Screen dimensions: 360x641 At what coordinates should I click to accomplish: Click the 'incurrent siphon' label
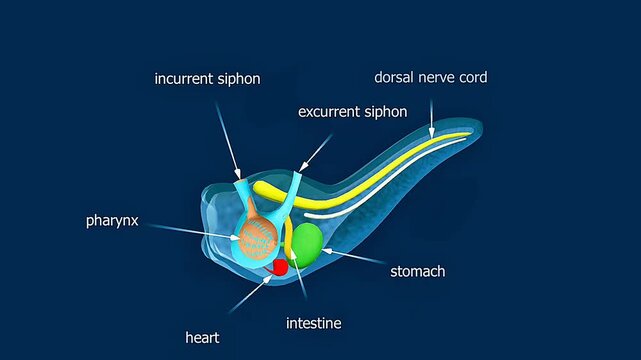(x=207, y=78)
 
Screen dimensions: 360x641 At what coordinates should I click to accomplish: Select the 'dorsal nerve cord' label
(x=431, y=76)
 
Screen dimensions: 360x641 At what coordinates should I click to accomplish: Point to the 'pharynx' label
(x=112, y=220)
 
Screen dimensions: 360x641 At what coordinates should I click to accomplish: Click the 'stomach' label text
(x=417, y=270)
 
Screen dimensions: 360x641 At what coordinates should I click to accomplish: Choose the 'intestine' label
(x=314, y=323)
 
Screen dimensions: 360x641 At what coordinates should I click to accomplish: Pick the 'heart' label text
(x=202, y=338)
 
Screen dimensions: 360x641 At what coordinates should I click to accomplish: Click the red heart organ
(x=280, y=267)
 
